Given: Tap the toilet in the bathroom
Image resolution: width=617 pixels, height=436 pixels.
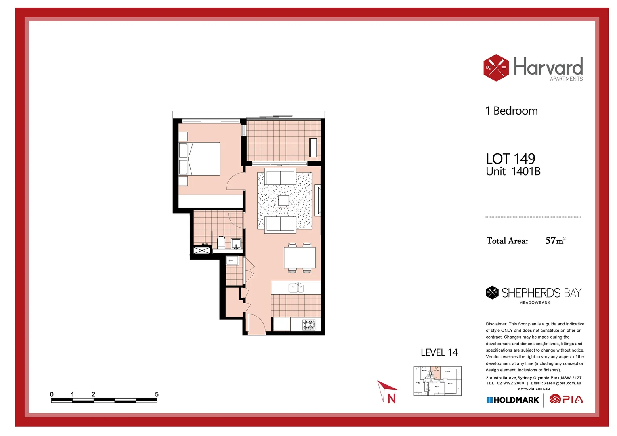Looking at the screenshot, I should [x=221, y=242].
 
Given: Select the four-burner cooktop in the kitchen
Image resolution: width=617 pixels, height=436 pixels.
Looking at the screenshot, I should [x=308, y=325].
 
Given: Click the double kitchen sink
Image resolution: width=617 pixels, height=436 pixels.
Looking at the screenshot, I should [x=296, y=288].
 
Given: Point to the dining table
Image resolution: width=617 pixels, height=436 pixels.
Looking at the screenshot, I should [x=300, y=258].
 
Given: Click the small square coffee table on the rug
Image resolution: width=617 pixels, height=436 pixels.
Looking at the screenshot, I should [x=283, y=201].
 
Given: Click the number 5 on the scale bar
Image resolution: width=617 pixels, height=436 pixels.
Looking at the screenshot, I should [x=157, y=394].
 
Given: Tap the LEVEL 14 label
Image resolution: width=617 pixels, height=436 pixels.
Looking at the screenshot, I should [x=439, y=352].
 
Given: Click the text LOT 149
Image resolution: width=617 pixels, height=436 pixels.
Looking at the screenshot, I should [x=510, y=159].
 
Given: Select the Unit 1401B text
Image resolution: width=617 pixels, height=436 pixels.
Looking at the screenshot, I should [x=513, y=172].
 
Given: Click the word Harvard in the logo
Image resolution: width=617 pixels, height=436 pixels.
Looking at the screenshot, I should [x=548, y=67].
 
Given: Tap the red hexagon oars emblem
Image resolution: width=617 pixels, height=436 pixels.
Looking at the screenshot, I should [x=496, y=68].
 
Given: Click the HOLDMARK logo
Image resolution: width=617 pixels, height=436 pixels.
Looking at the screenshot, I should [x=513, y=400].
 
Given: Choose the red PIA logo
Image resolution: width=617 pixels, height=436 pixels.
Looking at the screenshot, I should [x=566, y=399].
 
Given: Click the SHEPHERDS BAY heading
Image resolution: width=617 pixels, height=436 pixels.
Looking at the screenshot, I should [x=541, y=293].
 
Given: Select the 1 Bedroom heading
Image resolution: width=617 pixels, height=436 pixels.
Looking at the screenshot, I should [x=512, y=111].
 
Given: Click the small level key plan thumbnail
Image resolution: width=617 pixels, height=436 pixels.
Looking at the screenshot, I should [x=437, y=381].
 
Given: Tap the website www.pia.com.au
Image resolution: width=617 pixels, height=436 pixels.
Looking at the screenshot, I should [x=533, y=388].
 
